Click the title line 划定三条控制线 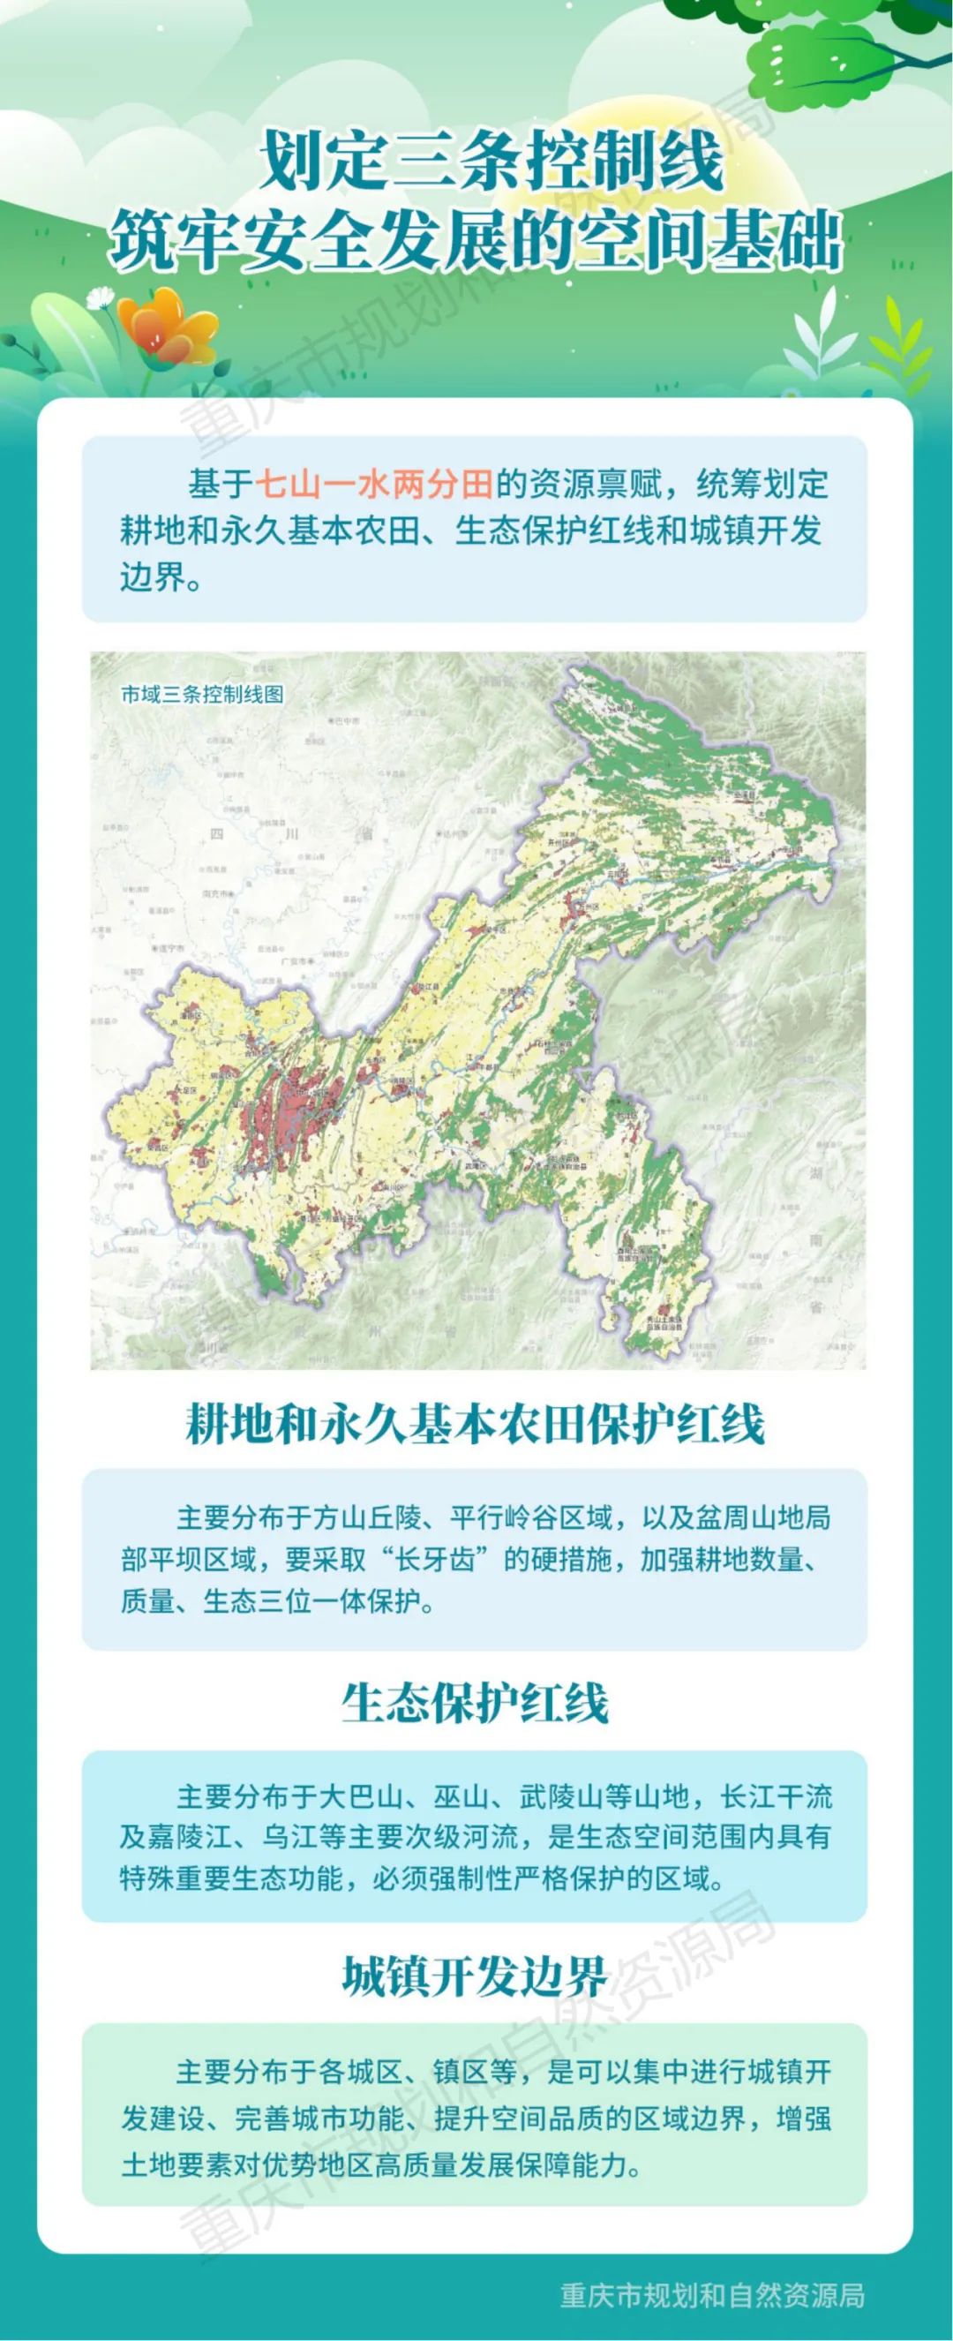click(x=492, y=161)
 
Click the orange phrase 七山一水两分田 click(x=374, y=485)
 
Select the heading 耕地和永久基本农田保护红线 click(x=474, y=1424)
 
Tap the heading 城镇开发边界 click(x=474, y=1975)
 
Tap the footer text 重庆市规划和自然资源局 click(x=711, y=2296)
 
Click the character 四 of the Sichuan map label click(x=216, y=833)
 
